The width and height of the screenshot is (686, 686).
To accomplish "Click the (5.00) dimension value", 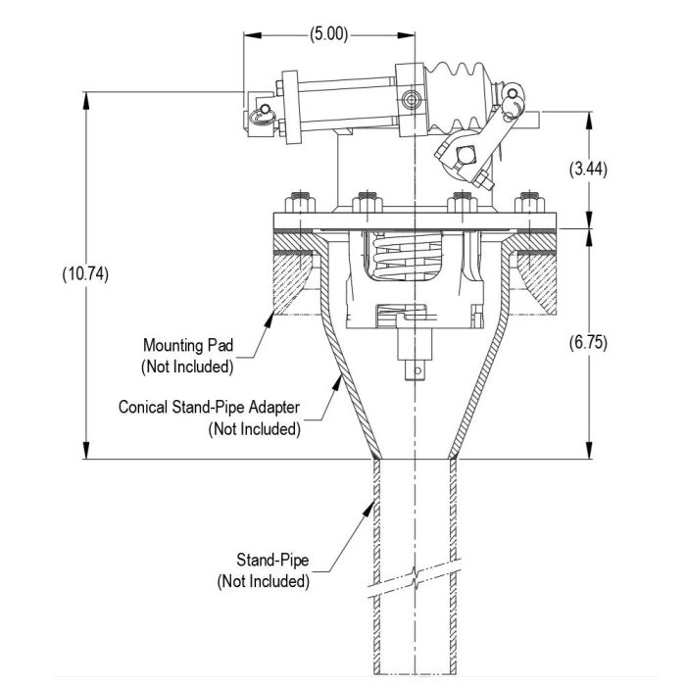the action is (329, 34).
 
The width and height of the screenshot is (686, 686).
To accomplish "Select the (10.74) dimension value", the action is (85, 274).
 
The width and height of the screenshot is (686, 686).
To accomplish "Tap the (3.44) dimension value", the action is (588, 169).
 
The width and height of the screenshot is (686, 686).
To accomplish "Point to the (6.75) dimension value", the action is (588, 342).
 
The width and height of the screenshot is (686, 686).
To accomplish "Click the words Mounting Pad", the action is (188, 345).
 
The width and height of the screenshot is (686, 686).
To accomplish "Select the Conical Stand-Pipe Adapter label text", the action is (209, 407).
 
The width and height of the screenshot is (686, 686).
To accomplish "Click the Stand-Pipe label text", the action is (272, 560).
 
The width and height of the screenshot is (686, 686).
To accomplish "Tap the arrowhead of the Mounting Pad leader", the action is (269, 318).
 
